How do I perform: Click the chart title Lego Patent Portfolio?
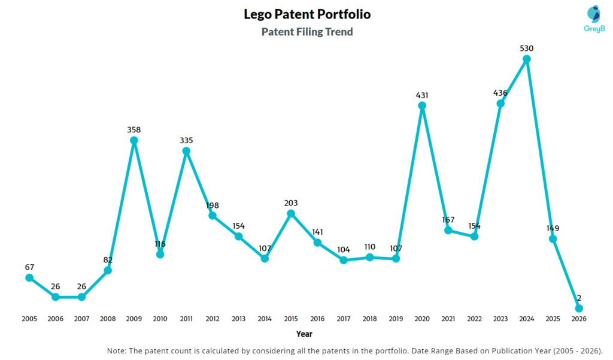(306, 13)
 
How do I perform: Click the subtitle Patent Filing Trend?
(306, 32)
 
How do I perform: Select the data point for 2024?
(527, 59)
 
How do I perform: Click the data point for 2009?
(134, 141)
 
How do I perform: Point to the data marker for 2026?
(579, 308)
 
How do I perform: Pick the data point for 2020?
(422, 106)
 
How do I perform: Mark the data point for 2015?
(291, 213)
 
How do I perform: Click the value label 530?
(527, 48)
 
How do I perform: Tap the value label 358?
(134, 129)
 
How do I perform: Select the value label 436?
(500, 93)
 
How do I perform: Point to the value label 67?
(29, 266)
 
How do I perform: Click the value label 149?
(553, 228)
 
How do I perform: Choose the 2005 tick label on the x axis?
(29, 319)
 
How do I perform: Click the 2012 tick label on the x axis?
(213, 319)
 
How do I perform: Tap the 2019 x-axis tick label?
(396, 319)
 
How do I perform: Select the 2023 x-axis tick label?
(500, 319)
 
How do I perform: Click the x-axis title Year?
(304, 334)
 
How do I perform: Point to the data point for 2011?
(186, 151)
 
